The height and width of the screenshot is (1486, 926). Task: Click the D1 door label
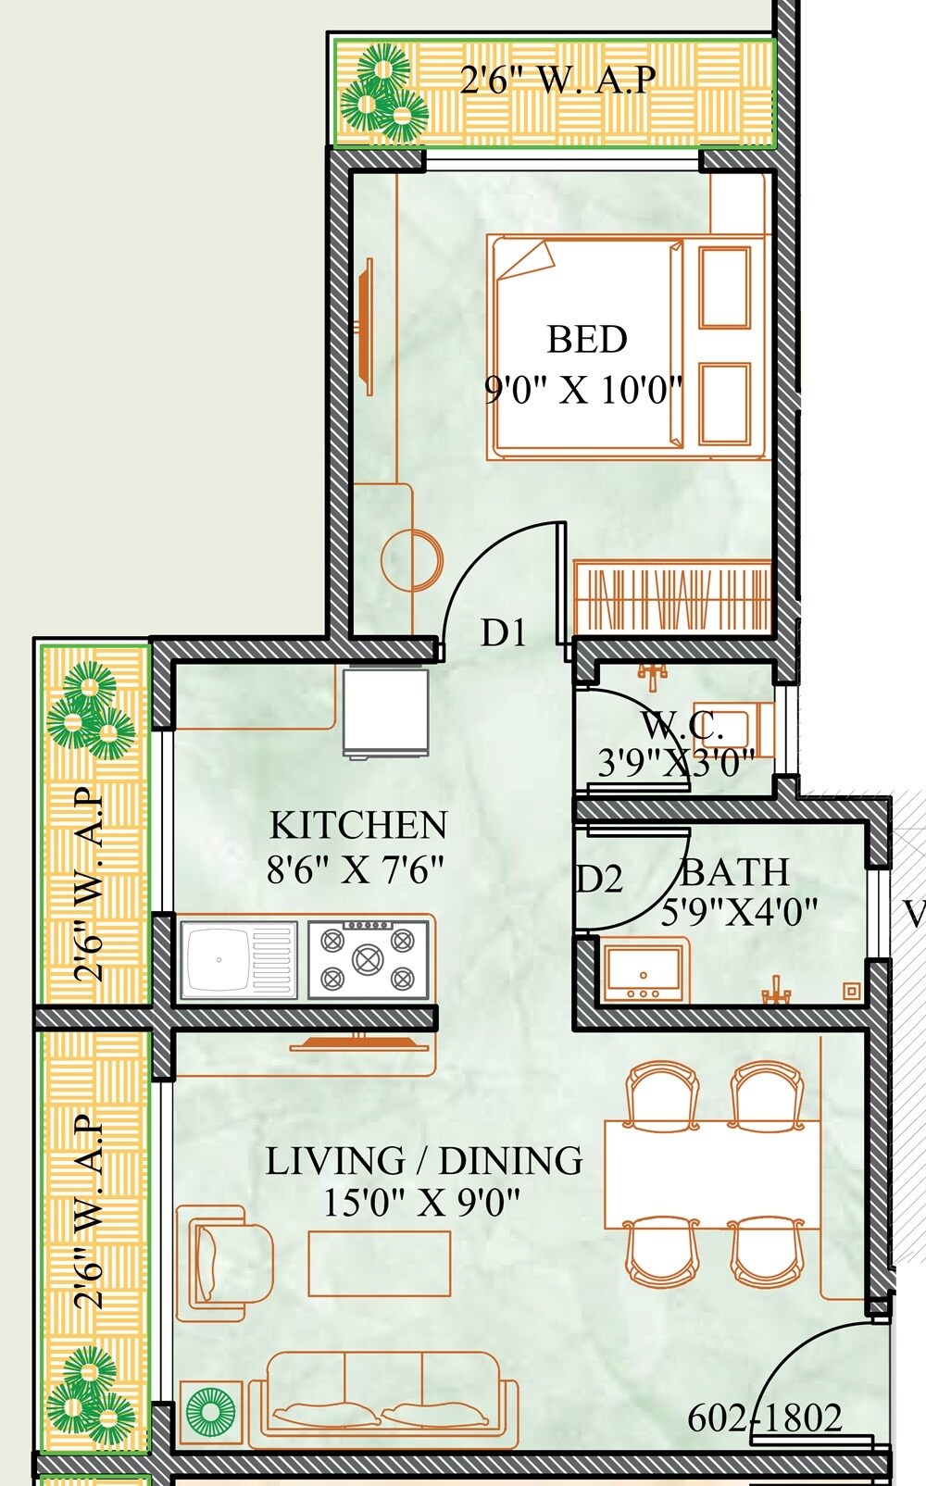point(503,633)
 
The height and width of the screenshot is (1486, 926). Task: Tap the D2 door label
point(599,879)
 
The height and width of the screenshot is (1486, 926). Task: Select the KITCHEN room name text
point(358,824)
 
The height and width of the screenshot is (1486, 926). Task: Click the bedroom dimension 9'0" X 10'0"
point(583,390)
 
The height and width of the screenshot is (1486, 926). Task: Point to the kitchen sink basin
point(219,959)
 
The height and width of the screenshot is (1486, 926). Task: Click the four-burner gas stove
point(369,959)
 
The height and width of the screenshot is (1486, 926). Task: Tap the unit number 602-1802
point(765,1417)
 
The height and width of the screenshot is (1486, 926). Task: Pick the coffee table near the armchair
point(380,1263)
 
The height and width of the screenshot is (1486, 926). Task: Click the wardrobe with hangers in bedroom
point(672,597)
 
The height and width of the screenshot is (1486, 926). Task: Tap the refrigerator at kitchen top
point(385,711)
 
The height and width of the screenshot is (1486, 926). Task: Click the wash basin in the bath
point(645,970)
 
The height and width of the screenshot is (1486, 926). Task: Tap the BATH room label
point(734,872)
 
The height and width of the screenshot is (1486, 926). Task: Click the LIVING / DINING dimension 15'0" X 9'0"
point(421,1203)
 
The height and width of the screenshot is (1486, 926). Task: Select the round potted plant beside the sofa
point(210,1412)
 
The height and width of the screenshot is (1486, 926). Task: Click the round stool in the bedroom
point(413,559)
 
